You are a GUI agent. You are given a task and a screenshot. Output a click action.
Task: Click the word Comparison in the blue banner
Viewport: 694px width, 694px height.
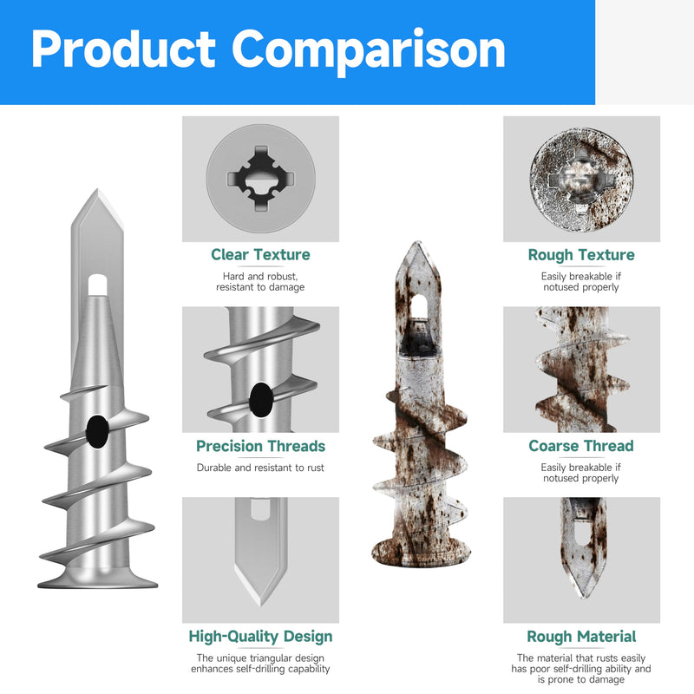tap(368, 50)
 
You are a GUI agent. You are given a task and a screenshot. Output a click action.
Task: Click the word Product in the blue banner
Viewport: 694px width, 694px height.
tap(123, 49)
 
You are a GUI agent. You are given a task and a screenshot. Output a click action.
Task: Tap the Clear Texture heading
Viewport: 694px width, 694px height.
tap(260, 254)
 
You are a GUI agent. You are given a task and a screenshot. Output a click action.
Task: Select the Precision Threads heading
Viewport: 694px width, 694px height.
tap(260, 446)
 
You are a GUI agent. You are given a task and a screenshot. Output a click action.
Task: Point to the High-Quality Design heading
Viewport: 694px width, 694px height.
tap(260, 637)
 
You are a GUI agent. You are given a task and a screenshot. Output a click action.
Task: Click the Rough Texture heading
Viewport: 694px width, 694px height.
tap(581, 254)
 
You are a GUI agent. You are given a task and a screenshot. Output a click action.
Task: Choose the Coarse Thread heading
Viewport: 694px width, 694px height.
tap(581, 446)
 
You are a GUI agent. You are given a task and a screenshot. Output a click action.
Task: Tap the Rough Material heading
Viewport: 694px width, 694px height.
tap(581, 637)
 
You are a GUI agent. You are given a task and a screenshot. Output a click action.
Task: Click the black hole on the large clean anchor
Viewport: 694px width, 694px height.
tap(97, 431)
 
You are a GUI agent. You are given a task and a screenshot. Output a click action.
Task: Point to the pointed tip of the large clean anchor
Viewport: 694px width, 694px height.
tap(97, 190)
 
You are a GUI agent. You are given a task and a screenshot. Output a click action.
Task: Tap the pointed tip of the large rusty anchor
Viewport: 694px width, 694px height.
tap(417, 243)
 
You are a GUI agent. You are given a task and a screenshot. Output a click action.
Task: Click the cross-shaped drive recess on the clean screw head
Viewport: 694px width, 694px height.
tap(261, 179)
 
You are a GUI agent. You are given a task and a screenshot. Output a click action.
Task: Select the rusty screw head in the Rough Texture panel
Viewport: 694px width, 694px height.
tap(581, 180)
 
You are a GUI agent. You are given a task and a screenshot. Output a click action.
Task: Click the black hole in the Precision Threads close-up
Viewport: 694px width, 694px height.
tap(261, 400)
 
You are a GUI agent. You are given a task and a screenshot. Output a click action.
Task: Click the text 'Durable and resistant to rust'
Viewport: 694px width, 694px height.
tap(260, 468)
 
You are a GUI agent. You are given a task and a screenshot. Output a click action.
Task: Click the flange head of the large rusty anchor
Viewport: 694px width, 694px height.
tap(421, 554)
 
